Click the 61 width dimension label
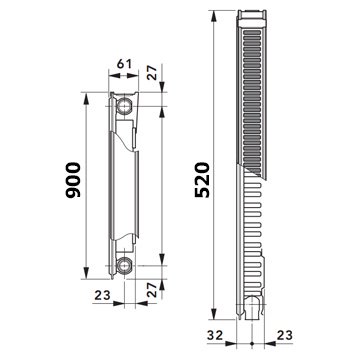click(x=123, y=63)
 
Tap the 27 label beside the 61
click(x=152, y=72)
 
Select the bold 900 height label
click(x=73, y=180)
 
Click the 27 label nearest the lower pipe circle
click(x=152, y=290)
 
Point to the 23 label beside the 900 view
click(x=103, y=295)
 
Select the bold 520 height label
click(x=202, y=180)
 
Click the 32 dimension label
click(x=215, y=335)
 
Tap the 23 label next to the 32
click(x=284, y=335)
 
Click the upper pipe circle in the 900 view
click(x=124, y=106)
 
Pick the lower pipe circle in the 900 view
click(x=124, y=266)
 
